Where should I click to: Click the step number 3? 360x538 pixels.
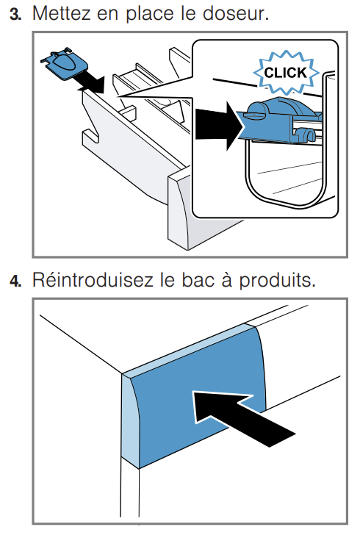coord(15,14)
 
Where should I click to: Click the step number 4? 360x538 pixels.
coord(15,281)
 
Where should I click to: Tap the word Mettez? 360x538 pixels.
coord(62,13)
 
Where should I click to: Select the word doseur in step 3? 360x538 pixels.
coord(236,13)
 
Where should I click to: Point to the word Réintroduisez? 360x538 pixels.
coord(93,280)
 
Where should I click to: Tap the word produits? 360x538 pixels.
coord(277,281)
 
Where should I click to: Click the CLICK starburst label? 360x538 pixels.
coord(286,73)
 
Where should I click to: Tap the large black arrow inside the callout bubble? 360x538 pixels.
coord(220,125)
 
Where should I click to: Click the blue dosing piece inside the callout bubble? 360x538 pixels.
coord(281,120)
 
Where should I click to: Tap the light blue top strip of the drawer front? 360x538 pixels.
coord(190,350)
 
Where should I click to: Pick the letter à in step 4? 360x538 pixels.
coord(226,279)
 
